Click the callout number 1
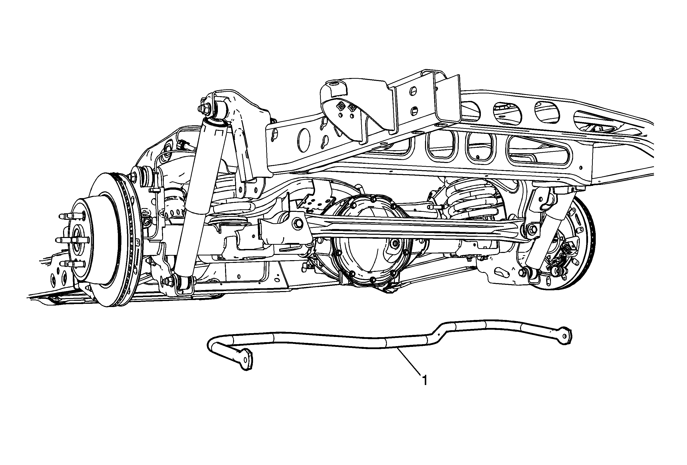point(425,381)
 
